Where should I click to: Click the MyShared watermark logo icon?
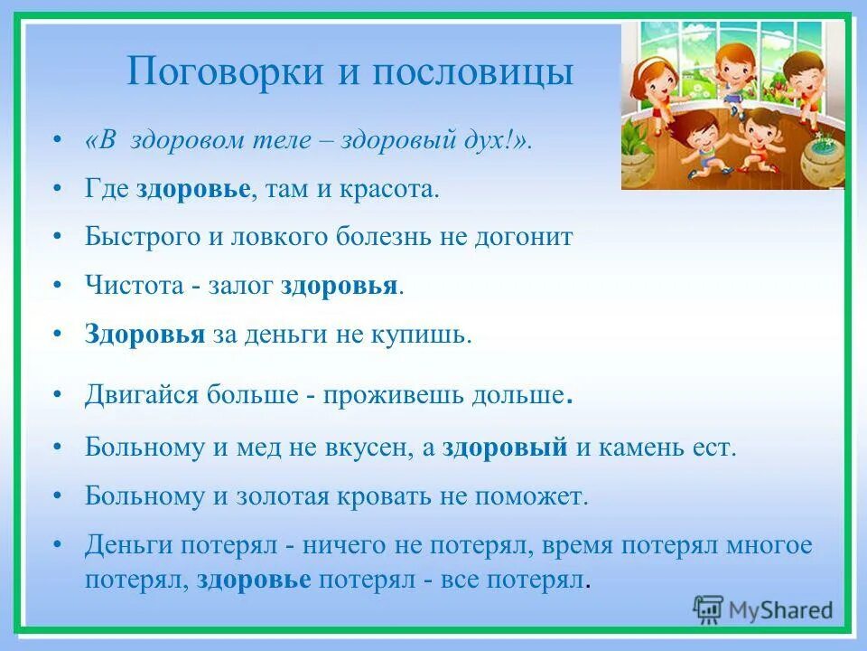coord(709,609)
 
